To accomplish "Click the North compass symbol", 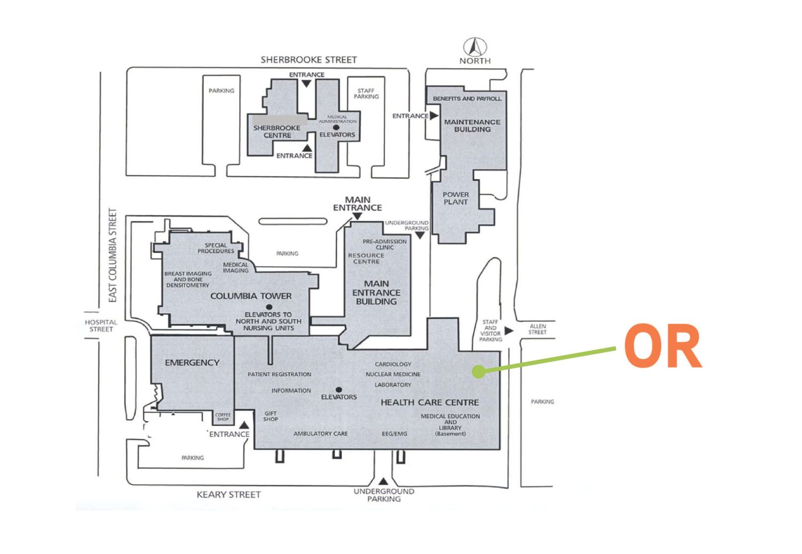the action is tap(475, 47).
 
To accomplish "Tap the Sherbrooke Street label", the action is tap(309, 59).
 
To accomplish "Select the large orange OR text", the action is tap(663, 346).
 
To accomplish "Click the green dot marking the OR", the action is tap(479, 372).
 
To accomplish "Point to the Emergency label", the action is tap(192, 363).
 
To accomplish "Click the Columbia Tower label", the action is tap(251, 296).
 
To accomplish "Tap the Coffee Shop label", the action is tap(223, 417).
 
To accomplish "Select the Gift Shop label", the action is tap(271, 416).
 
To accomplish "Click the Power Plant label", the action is tap(456, 198).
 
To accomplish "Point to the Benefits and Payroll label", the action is tap(467, 98).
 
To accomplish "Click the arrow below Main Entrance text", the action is tap(357, 216).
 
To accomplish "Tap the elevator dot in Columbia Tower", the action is tap(269, 307).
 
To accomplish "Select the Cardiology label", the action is tap(393, 364).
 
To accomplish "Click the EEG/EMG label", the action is tap(394, 434).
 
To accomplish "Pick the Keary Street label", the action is tap(228, 495).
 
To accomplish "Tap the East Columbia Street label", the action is tap(112, 255).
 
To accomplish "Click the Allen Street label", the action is tap(537, 329).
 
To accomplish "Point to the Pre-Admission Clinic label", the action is tap(384, 244).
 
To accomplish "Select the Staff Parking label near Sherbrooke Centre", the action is tap(366, 94).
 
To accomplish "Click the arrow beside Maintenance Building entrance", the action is tap(434, 116).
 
